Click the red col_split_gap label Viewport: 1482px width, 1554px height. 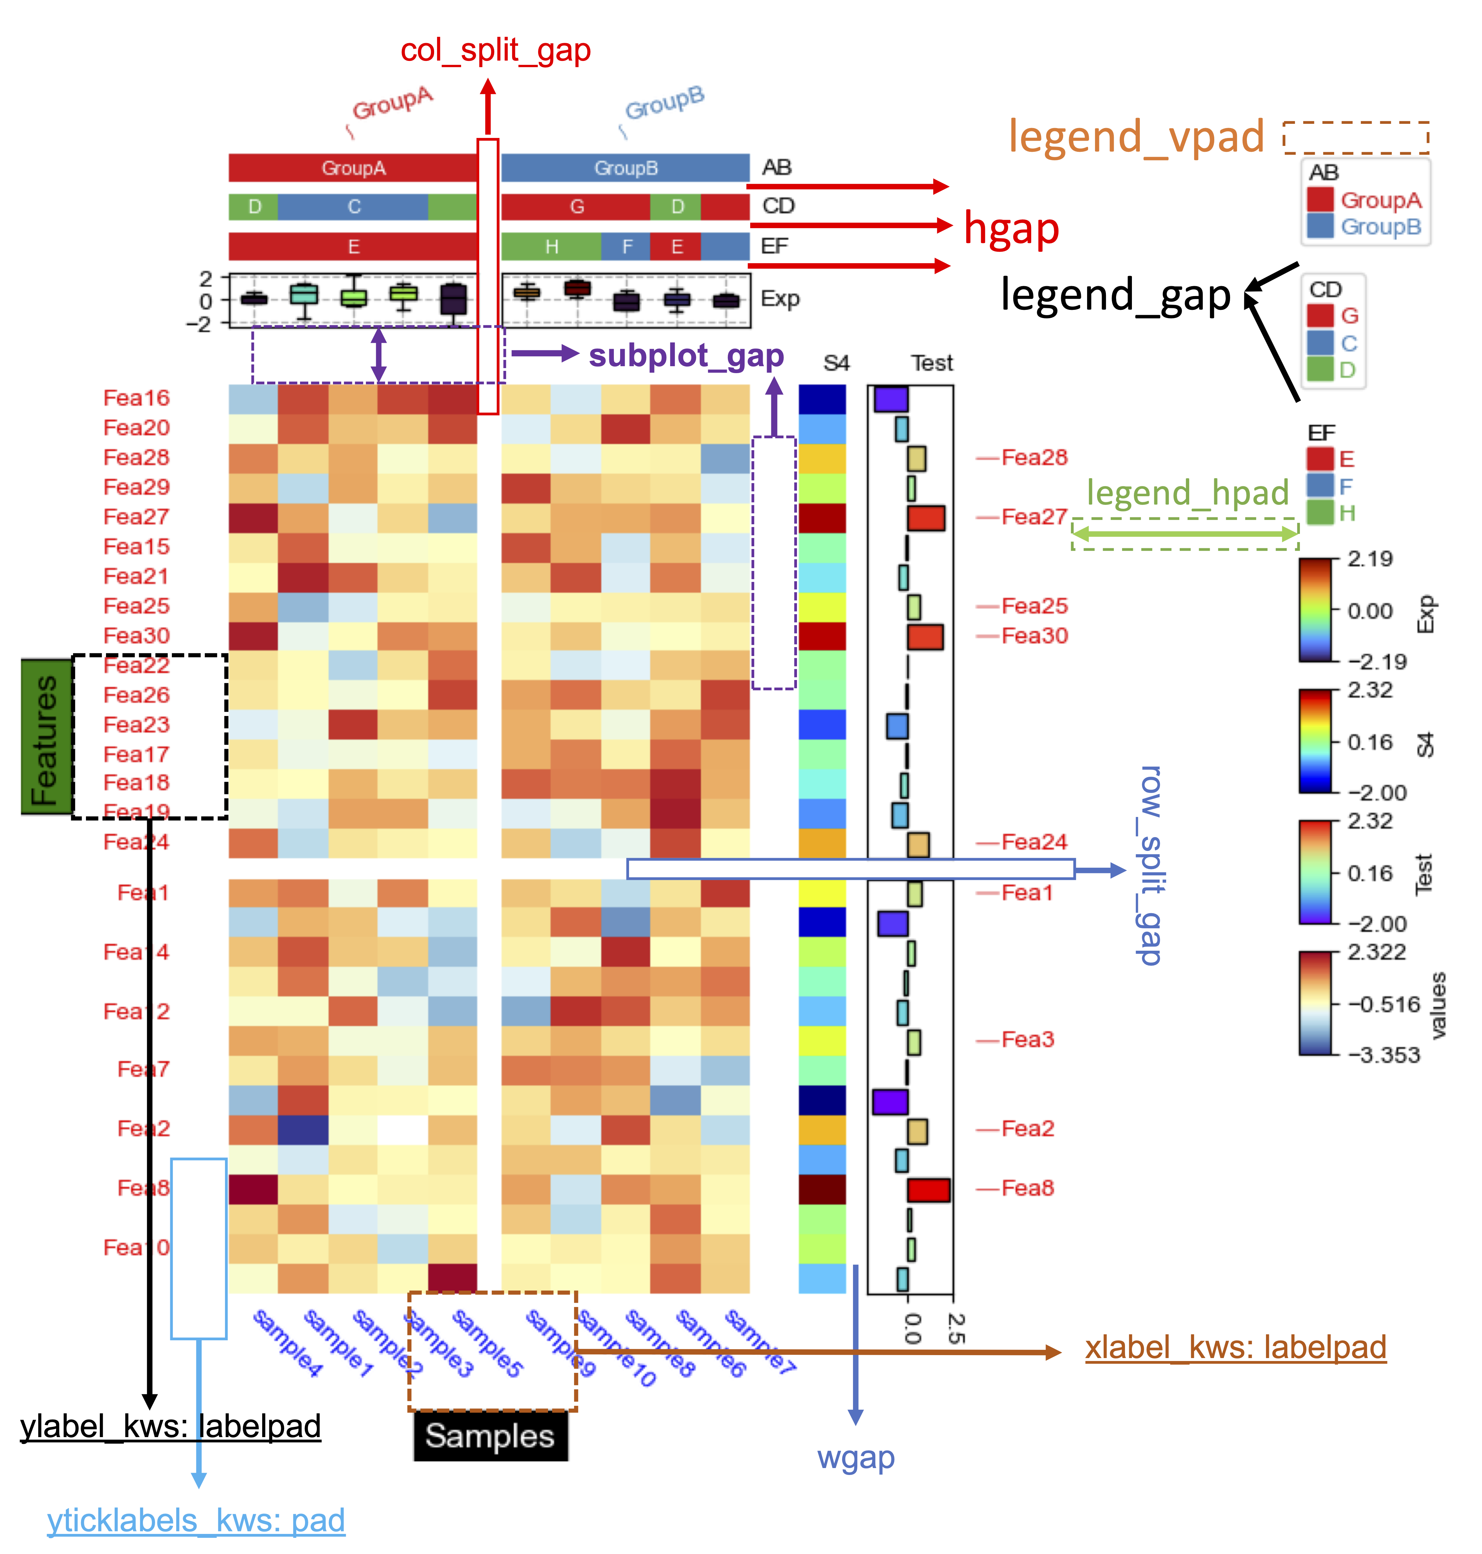[x=495, y=51]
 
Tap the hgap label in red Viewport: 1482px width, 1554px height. [x=1011, y=229]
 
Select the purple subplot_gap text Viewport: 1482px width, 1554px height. [x=686, y=356]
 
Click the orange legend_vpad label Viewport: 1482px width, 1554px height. [x=1136, y=137]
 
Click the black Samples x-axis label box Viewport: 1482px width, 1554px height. [x=490, y=1435]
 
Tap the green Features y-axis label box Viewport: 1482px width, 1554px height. [x=45, y=736]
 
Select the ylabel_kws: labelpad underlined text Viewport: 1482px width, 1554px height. [x=171, y=1426]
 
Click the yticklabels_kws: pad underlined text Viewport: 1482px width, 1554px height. [x=196, y=1520]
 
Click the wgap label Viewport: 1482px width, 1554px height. [x=856, y=1458]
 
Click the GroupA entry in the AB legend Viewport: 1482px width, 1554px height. [x=1379, y=200]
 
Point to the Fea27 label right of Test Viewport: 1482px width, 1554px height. [x=1034, y=517]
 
